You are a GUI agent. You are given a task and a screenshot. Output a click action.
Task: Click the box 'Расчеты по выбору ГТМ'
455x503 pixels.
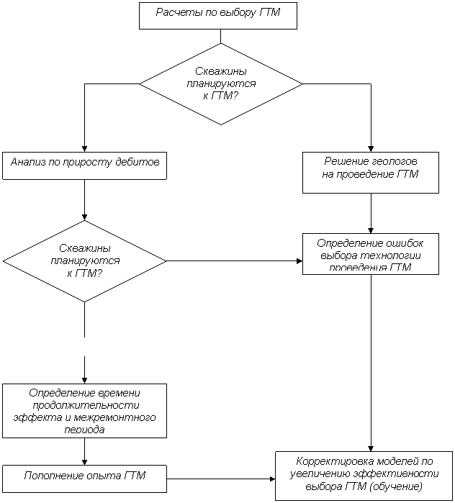click(217, 15)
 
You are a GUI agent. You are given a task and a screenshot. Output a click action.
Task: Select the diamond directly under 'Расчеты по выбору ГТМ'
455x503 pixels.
click(220, 83)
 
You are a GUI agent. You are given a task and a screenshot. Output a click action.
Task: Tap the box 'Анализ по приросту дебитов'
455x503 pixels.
click(84, 165)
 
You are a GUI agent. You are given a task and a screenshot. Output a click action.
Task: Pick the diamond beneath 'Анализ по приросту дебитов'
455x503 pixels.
click(85, 260)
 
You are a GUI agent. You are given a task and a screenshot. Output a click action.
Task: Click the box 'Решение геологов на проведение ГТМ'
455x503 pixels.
click(370, 172)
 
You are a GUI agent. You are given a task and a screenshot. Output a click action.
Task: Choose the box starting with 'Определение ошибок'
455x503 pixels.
click(370, 254)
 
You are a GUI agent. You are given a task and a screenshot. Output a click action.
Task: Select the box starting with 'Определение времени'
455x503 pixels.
click(84, 410)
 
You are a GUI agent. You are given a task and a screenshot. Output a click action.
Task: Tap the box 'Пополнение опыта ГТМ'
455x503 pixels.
click(84, 478)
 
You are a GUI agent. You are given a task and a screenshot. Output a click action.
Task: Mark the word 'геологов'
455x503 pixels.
click(392, 160)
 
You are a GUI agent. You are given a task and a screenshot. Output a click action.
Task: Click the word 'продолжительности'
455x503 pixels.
click(85, 405)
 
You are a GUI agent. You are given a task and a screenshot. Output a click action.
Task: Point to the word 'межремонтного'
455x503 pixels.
click(108, 417)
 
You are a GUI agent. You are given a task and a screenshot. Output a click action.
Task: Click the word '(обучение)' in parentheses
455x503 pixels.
click(395, 486)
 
